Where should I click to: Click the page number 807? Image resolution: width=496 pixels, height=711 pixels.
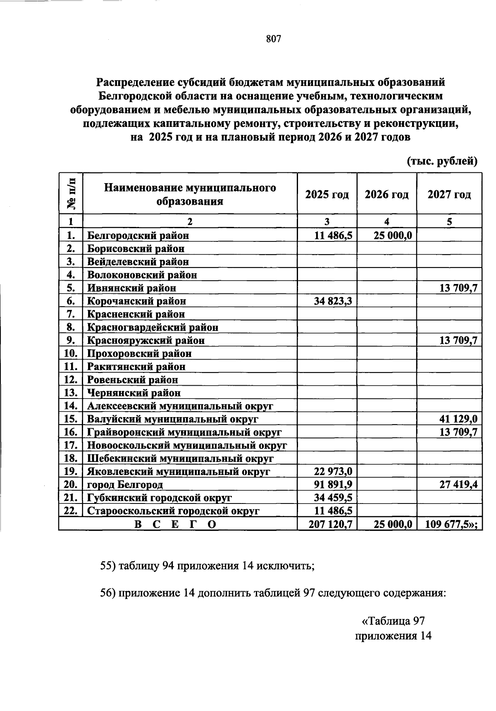tap(274, 39)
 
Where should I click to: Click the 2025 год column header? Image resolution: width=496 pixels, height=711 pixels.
tap(327, 194)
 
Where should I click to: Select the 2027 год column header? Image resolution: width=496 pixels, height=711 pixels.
tap(449, 194)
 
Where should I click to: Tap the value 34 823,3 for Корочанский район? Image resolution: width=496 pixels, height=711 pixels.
tap(333, 301)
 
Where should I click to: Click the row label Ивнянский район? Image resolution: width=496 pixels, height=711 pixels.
tap(131, 288)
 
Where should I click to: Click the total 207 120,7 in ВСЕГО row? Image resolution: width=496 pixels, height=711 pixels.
tap(330, 524)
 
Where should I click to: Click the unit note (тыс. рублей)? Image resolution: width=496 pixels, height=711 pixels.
tap(442, 161)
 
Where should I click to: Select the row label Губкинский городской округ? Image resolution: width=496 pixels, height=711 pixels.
tap(159, 498)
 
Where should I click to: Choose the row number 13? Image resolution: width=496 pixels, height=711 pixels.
tap(71, 393)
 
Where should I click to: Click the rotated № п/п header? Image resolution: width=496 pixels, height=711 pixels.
tap(71, 193)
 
